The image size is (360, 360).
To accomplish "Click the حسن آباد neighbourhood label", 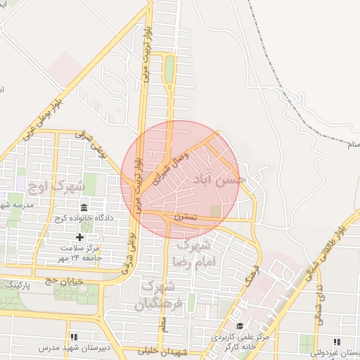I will (x=222, y=180).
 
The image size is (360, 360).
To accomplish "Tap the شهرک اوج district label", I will (x=56, y=187).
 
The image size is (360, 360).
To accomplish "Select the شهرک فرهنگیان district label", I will (x=162, y=296).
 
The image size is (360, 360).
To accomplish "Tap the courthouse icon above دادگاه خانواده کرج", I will (x=84, y=207).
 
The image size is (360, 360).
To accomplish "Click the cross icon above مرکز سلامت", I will (x=79, y=238).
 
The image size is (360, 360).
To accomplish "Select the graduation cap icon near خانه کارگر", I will (x=240, y=326).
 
